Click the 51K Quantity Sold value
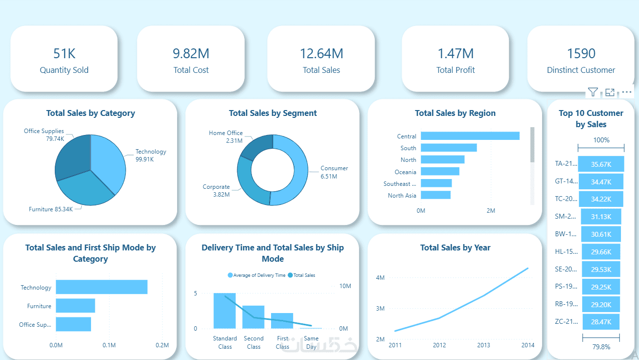pos(64,53)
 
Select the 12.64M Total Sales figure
pos(321,53)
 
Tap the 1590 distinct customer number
pos(581,53)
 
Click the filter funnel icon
pos(593,92)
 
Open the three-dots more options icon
pos(627,92)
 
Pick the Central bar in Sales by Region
pos(470,136)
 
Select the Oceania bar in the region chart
pos(440,171)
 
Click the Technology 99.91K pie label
pos(151,155)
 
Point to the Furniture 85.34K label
pos(51,209)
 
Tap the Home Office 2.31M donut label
pos(226,136)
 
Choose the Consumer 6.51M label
pos(334,172)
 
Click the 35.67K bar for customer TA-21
pos(601,164)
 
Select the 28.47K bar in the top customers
pos(601,322)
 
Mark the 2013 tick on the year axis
pos(483,345)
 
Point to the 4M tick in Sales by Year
pos(380,277)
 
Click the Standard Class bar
pos(225,311)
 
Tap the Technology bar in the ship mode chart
pos(101,287)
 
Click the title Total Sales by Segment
pos(273,113)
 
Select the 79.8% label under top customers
pos(601,347)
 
